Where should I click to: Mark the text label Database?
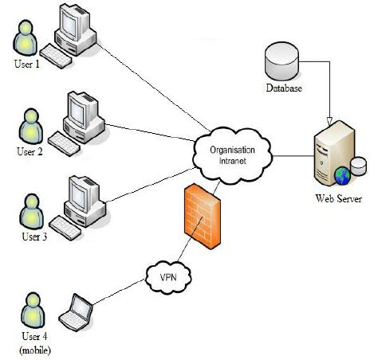[283, 88]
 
